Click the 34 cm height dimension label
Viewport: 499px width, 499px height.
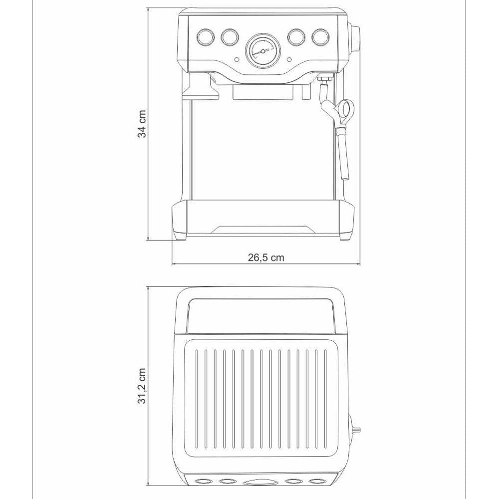tap(142, 124)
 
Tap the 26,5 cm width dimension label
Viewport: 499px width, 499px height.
tap(266, 257)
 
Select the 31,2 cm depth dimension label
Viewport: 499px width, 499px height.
tap(142, 386)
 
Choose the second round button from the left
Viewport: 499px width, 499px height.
tap(230, 37)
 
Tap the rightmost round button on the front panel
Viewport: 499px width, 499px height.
tap(320, 37)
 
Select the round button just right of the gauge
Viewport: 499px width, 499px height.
tap(296, 37)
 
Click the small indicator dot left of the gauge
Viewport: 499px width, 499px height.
tap(237, 59)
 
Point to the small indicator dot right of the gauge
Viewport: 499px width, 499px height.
tap(289, 59)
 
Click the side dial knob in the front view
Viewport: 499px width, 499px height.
tap(355, 39)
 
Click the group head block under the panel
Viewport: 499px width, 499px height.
tap(263, 92)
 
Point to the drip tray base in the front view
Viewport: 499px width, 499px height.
tap(263, 219)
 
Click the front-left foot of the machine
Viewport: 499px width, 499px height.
tap(180, 236)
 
